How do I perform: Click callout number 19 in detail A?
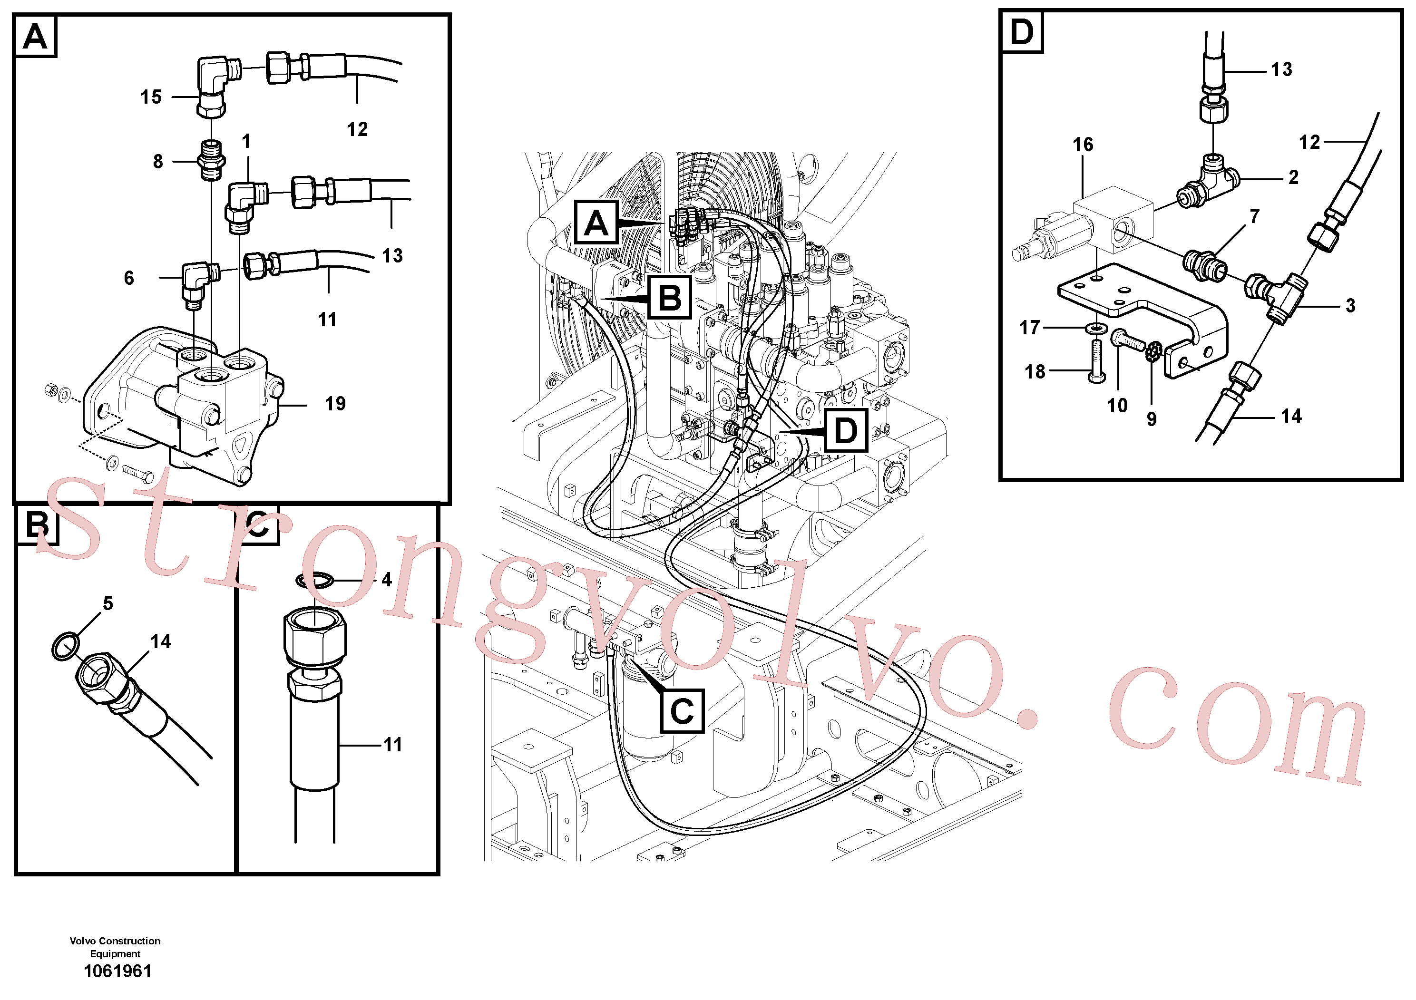(335, 404)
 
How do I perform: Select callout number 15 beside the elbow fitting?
(151, 97)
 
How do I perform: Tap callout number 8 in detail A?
(158, 162)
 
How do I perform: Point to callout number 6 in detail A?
(129, 278)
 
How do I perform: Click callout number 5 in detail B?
(108, 603)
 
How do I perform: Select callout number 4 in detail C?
(387, 580)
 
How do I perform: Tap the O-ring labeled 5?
(65, 645)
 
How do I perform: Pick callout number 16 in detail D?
(1083, 145)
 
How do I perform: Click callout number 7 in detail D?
(1254, 216)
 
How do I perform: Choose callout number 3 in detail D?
(1351, 305)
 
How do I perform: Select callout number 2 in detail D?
(1293, 177)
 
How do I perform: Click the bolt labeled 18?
(1096, 360)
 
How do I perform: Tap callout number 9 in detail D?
(1152, 419)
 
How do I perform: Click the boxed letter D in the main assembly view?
(846, 430)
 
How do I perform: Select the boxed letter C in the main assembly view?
(682, 711)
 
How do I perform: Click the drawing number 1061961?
(117, 971)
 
